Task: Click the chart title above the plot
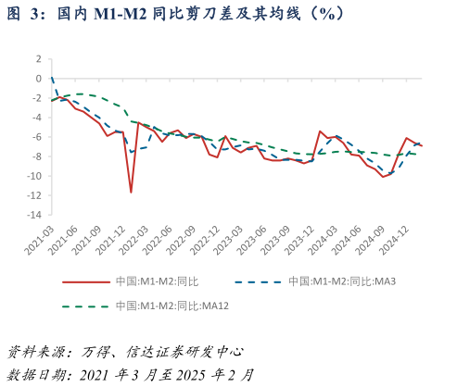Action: tap(176, 13)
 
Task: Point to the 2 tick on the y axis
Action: tap(38, 58)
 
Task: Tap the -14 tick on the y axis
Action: tap(35, 215)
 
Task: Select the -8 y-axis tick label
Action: tap(36, 156)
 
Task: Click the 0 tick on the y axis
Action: tap(38, 78)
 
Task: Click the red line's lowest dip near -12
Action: tap(131, 193)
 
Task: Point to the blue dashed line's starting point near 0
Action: tap(51, 78)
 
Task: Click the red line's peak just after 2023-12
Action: tap(320, 131)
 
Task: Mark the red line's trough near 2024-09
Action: tap(384, 176)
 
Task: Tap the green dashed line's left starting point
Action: tap(51, 100)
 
